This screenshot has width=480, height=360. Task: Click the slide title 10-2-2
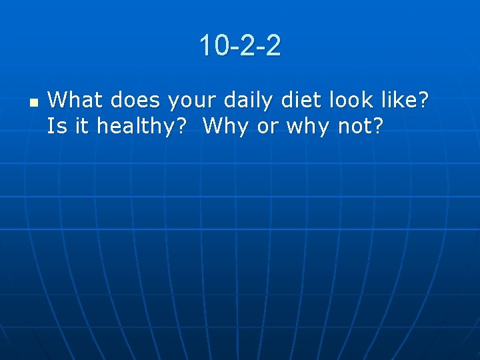click(x=240, y=46)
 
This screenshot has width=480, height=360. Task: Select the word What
click(x=75, y=101)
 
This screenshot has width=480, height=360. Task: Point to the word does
click(x=135, y=101)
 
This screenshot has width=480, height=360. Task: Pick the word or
click(x=267, y=127)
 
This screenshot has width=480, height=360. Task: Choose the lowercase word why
click(x=309, y=127)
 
